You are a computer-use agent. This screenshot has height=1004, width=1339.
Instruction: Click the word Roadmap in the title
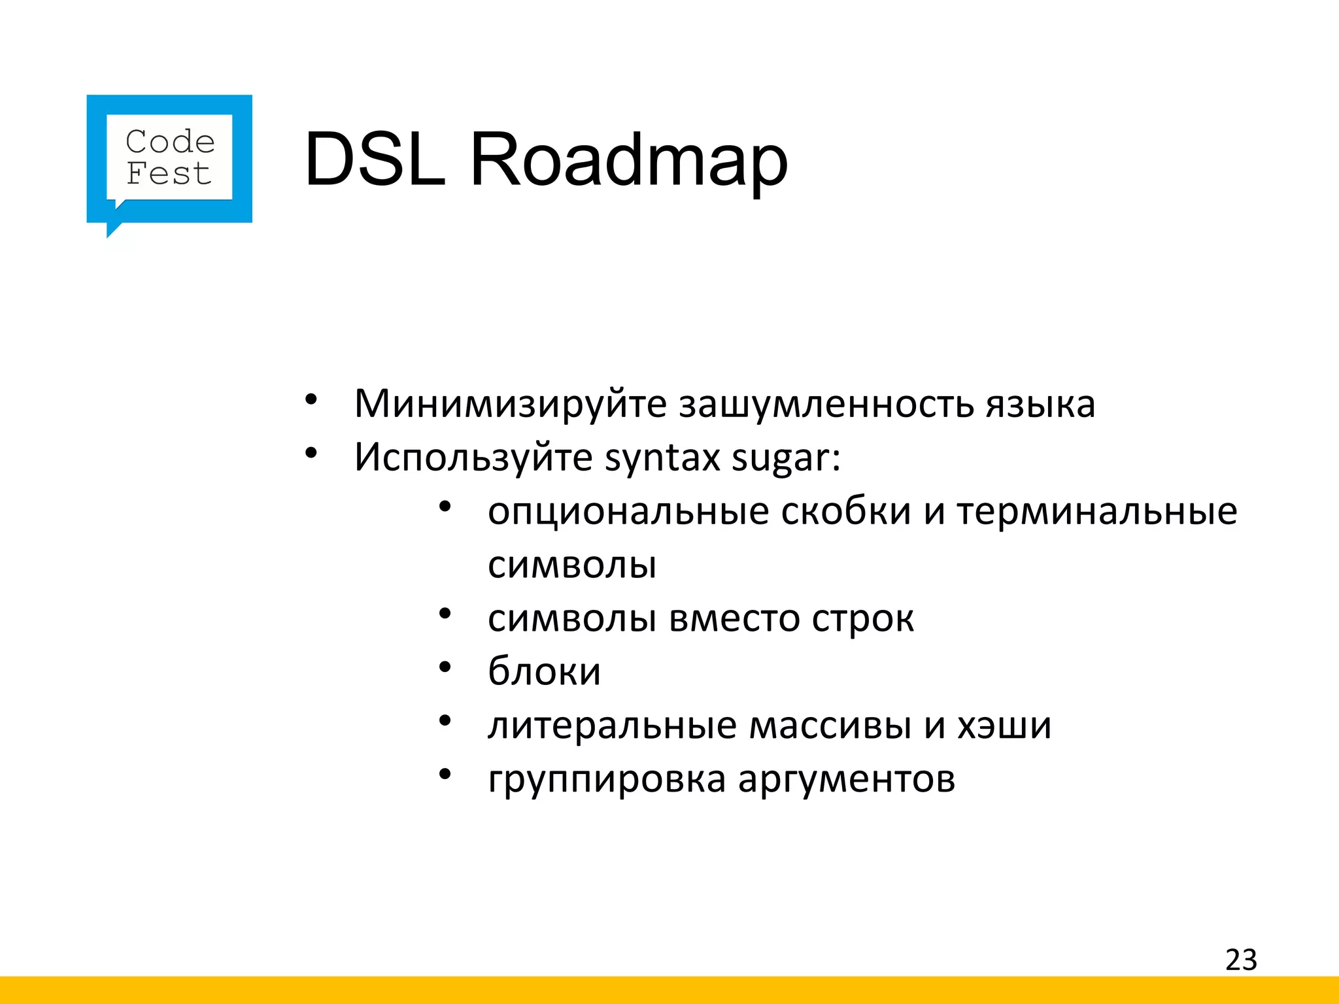628,159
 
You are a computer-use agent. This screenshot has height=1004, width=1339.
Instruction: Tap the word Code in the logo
170,142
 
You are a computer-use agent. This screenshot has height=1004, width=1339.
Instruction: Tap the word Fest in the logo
169,174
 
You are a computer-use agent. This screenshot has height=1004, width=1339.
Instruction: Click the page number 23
1241,960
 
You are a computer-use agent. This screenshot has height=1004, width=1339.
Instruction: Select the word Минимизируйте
510,404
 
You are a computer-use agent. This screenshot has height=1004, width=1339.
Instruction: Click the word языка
1040,404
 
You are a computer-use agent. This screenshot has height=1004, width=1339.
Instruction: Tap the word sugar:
786,457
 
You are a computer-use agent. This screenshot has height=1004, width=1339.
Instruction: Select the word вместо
734,618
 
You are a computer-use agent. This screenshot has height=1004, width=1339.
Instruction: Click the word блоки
544,671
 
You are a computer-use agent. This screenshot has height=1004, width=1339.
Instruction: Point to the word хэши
1004,725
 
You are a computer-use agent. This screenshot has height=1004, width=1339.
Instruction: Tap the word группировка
607,779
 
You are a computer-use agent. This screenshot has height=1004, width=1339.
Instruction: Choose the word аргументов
847,779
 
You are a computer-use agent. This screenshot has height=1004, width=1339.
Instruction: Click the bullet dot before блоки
445,667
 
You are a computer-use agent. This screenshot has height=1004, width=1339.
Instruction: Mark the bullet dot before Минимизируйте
311,399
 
